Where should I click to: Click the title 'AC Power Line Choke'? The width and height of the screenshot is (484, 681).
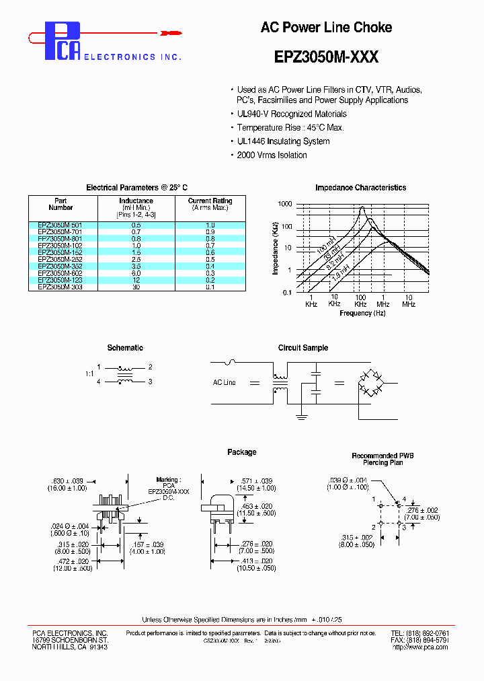tap(326, 28)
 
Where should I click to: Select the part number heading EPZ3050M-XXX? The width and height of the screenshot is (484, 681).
tap(326, 57)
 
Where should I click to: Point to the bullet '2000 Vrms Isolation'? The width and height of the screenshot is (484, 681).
tap(272, 155)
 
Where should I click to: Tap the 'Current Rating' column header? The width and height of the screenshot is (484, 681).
tap(210, 201)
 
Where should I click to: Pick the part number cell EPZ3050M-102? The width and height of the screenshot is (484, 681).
tap(61, 246)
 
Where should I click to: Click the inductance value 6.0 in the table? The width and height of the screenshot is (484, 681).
tap(136, 273)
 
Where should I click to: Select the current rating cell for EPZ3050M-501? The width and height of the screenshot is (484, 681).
tap(210, 225)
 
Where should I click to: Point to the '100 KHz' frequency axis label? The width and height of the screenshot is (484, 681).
tap(360, 300)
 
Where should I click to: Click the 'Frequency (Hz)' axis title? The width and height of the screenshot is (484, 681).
tap(362, 313)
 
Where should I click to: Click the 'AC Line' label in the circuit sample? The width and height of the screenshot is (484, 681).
tap(225, 382)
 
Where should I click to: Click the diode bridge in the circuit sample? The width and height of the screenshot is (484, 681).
tap(369, 382)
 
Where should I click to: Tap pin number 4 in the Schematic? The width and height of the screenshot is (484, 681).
tap(98, 382)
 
